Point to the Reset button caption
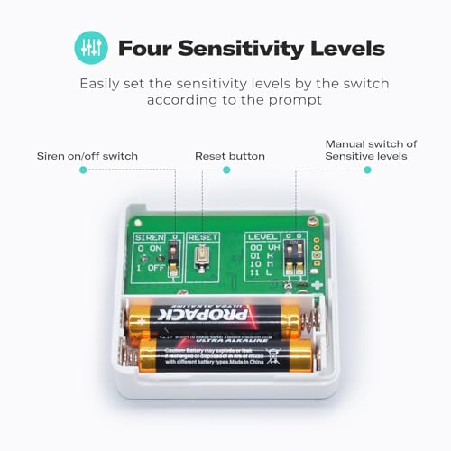pos(230,156)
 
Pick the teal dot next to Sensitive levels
pos(367,170)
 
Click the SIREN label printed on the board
pos(151,236)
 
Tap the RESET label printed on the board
pos(204,236)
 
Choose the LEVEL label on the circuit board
pos(262,236)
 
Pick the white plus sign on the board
pos(317,285)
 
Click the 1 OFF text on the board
pos(149,268)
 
